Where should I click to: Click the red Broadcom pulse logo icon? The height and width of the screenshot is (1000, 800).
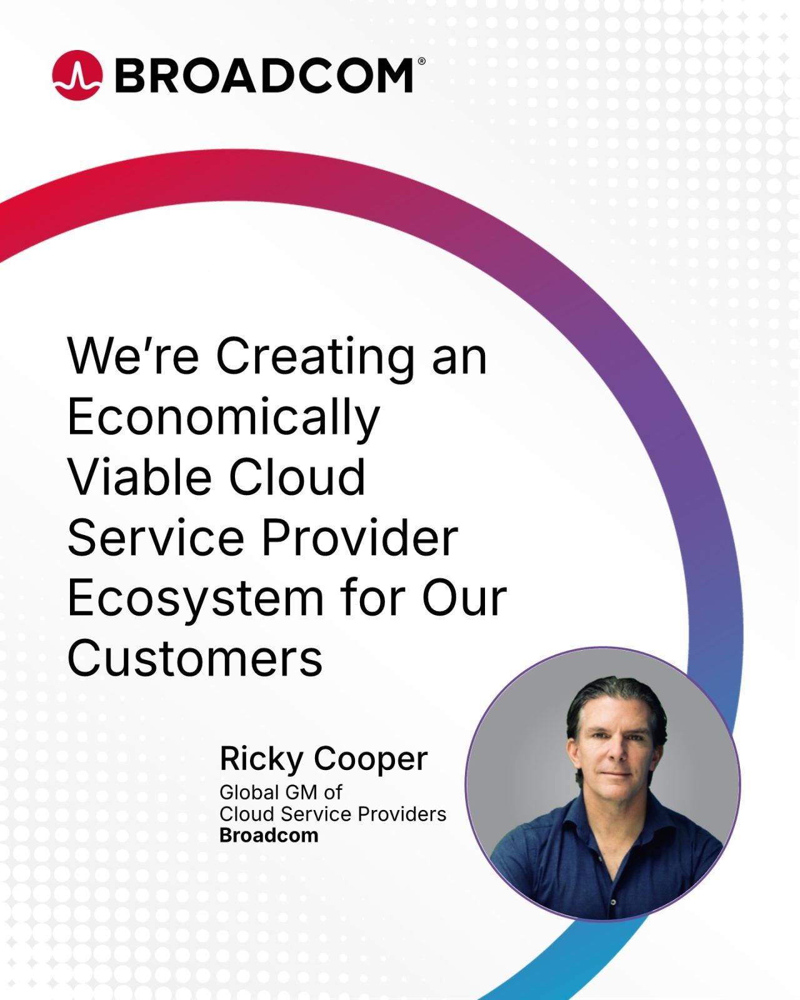77,75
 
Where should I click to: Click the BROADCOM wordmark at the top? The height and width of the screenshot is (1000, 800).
264,76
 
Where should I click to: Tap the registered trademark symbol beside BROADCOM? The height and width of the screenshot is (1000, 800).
421,61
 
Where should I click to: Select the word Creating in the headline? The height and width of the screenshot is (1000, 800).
315,357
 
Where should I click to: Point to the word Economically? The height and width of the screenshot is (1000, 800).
224,417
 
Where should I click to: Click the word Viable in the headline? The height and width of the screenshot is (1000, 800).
140,477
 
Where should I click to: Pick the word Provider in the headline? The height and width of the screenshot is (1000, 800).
360,537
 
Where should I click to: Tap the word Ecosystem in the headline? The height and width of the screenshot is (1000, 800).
195,598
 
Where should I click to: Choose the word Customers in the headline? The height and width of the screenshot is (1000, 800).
195,659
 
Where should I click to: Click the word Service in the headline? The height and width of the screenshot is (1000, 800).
156,537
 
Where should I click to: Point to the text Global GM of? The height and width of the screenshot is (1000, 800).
280,792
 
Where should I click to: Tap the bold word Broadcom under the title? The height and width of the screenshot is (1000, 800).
269,836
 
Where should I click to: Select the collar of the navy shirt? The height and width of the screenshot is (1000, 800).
616,818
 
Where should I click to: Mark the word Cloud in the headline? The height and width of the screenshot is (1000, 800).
297,477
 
